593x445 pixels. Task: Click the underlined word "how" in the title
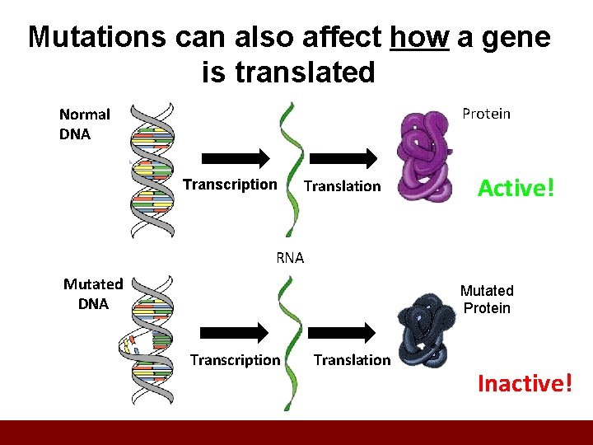coord(419,38)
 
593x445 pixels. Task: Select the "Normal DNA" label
coord(84,124)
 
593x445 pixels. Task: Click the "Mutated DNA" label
coord(93,293)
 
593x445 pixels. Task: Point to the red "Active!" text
coord(516,188)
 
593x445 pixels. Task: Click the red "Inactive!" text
coord(524,383)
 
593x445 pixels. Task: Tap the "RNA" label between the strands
coord(290,257)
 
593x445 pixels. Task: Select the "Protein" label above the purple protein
coord(486,114)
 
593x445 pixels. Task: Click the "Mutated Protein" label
coord(486,299)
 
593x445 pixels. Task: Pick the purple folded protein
coord(423,157)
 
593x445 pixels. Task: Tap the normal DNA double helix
coord(154,169)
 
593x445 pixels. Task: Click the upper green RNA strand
coord(291,168)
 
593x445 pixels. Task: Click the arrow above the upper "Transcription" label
coord(235,157)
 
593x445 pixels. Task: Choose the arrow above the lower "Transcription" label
coord(234,332)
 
